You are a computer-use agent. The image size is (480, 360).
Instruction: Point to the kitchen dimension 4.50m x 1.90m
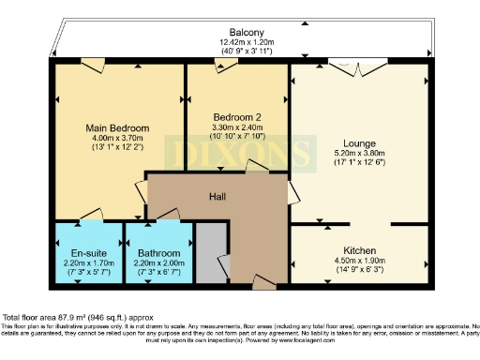357,262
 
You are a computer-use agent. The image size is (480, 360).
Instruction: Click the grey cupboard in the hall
212,253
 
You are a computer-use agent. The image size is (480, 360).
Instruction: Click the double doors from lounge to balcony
357,67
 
